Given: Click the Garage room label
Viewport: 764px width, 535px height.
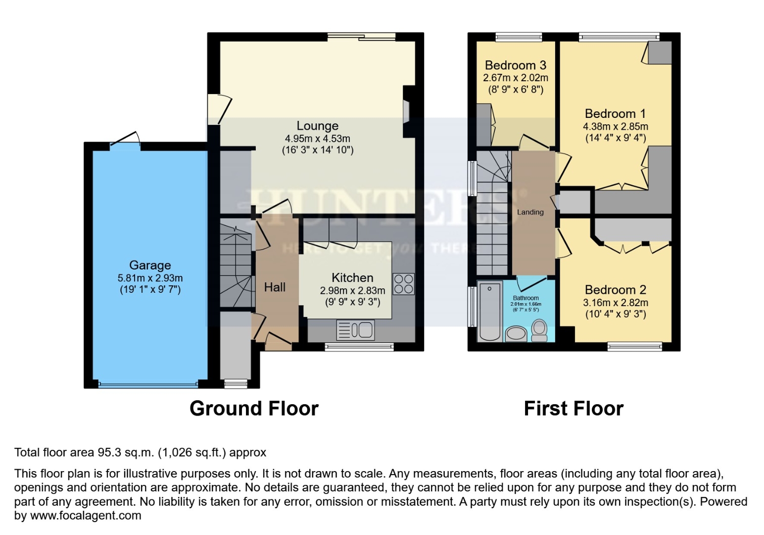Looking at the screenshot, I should point(150,266).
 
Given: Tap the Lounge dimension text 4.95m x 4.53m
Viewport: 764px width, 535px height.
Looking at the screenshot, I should point(317,139).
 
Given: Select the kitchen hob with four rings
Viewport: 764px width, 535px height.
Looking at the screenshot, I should point(403,284).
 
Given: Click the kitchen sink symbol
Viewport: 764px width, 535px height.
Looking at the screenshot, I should point(356,330).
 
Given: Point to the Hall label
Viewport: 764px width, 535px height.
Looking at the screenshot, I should point(275,287).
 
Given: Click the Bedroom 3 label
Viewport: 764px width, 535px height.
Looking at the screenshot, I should point(515,65).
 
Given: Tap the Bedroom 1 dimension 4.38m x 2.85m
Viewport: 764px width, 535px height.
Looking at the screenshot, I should point(615,126).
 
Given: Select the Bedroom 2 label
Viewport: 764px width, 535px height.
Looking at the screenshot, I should point(615,290).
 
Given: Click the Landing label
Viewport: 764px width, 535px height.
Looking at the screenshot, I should point(530,212).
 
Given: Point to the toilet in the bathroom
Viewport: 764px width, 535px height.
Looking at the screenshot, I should point(539,330).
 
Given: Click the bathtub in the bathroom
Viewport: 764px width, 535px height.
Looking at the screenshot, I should point(489,312).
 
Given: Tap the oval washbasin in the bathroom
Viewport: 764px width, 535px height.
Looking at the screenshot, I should point(516,333).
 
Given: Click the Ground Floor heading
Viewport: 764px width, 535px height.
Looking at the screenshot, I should point(254,409).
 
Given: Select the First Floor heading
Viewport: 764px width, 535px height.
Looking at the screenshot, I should point(573,409).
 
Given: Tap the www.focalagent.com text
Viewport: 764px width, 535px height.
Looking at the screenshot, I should point(86,516).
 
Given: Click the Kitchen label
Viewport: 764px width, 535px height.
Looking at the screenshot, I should point(352,278).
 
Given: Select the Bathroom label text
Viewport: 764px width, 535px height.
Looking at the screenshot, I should point(525,298).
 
